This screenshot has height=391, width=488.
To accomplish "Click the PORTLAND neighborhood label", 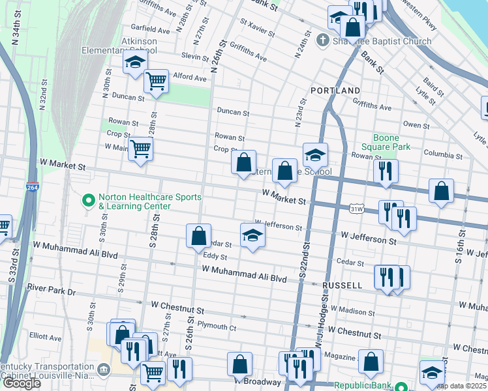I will point(335,90).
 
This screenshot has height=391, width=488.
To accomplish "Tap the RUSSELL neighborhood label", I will point(342,285).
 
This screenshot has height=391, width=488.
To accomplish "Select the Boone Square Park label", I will point(391,142).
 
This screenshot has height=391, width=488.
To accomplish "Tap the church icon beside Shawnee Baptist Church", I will point(321,41).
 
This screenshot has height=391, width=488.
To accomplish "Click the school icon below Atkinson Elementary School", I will point(134,63).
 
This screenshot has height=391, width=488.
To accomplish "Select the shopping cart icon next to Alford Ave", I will point(157,82).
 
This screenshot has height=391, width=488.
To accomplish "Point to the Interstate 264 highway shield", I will point(33,188).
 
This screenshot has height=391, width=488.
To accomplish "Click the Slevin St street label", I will point(194,56).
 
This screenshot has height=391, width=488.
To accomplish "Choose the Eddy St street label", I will point(214,256).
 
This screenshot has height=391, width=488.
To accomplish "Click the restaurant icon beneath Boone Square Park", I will point(386,171).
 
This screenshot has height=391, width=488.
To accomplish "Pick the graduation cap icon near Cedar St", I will point(252,235).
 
